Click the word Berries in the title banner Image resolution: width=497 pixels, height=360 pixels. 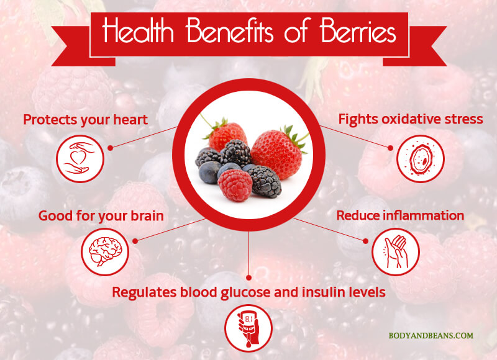tap(358, 32)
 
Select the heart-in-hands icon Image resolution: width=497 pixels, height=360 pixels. tap(80, 159)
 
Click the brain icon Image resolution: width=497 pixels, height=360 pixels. tap(105, 252)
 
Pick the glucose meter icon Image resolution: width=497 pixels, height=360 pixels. tap(248, 328)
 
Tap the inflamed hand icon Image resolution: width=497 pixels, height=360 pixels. tap(395, 252)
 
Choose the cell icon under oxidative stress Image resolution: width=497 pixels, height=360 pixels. tap(421, 159)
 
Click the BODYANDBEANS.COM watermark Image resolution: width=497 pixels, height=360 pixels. tap(431, 336)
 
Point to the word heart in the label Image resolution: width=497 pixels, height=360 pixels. tap(130, 120)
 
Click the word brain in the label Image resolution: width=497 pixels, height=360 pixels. tap(147, 216)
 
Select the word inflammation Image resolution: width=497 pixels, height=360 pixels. tap(424, 215)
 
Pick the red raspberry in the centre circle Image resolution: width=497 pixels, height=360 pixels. tap(235, 185)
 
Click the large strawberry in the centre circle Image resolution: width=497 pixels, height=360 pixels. tap(276, 154)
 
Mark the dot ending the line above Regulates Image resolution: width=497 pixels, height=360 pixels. tap(249, 277)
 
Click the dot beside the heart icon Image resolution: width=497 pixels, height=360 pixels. tap(111, 148)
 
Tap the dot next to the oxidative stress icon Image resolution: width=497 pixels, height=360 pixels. tap(390, 148)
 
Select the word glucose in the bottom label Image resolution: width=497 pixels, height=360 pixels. tap(245, 292)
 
